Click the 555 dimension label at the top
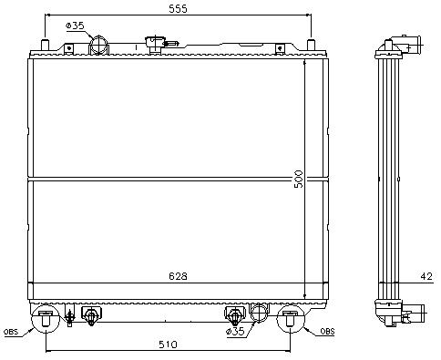pos(178,9)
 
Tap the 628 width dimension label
pos(178,276)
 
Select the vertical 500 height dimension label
pos(299,179)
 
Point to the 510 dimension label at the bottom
pos(168,345)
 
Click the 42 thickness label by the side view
pos(426,276)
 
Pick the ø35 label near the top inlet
pos(75,26)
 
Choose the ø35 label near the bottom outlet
pos(235,331)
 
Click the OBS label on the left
pos(11,332)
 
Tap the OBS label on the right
pos(327,332)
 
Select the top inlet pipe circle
pos(98,46)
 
